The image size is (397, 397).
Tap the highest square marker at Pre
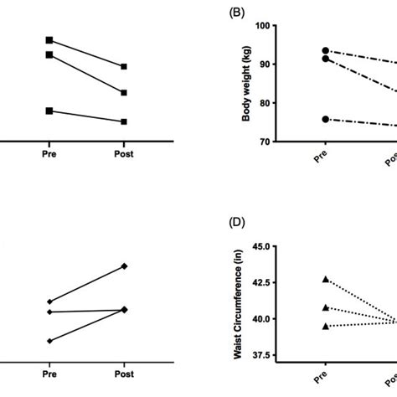[49, 39]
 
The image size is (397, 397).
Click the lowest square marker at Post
[124, 121]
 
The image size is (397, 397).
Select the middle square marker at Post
[124, 93]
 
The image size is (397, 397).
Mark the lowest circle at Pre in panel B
[326, 119]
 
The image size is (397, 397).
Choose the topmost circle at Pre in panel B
[326, 50]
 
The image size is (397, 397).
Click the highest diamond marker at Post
[124, 266]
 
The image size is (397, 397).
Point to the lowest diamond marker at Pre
[49, 341]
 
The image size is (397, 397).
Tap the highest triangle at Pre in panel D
[326, 279]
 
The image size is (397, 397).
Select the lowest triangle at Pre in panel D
[326, 326]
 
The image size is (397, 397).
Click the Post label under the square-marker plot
[124, 154]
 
